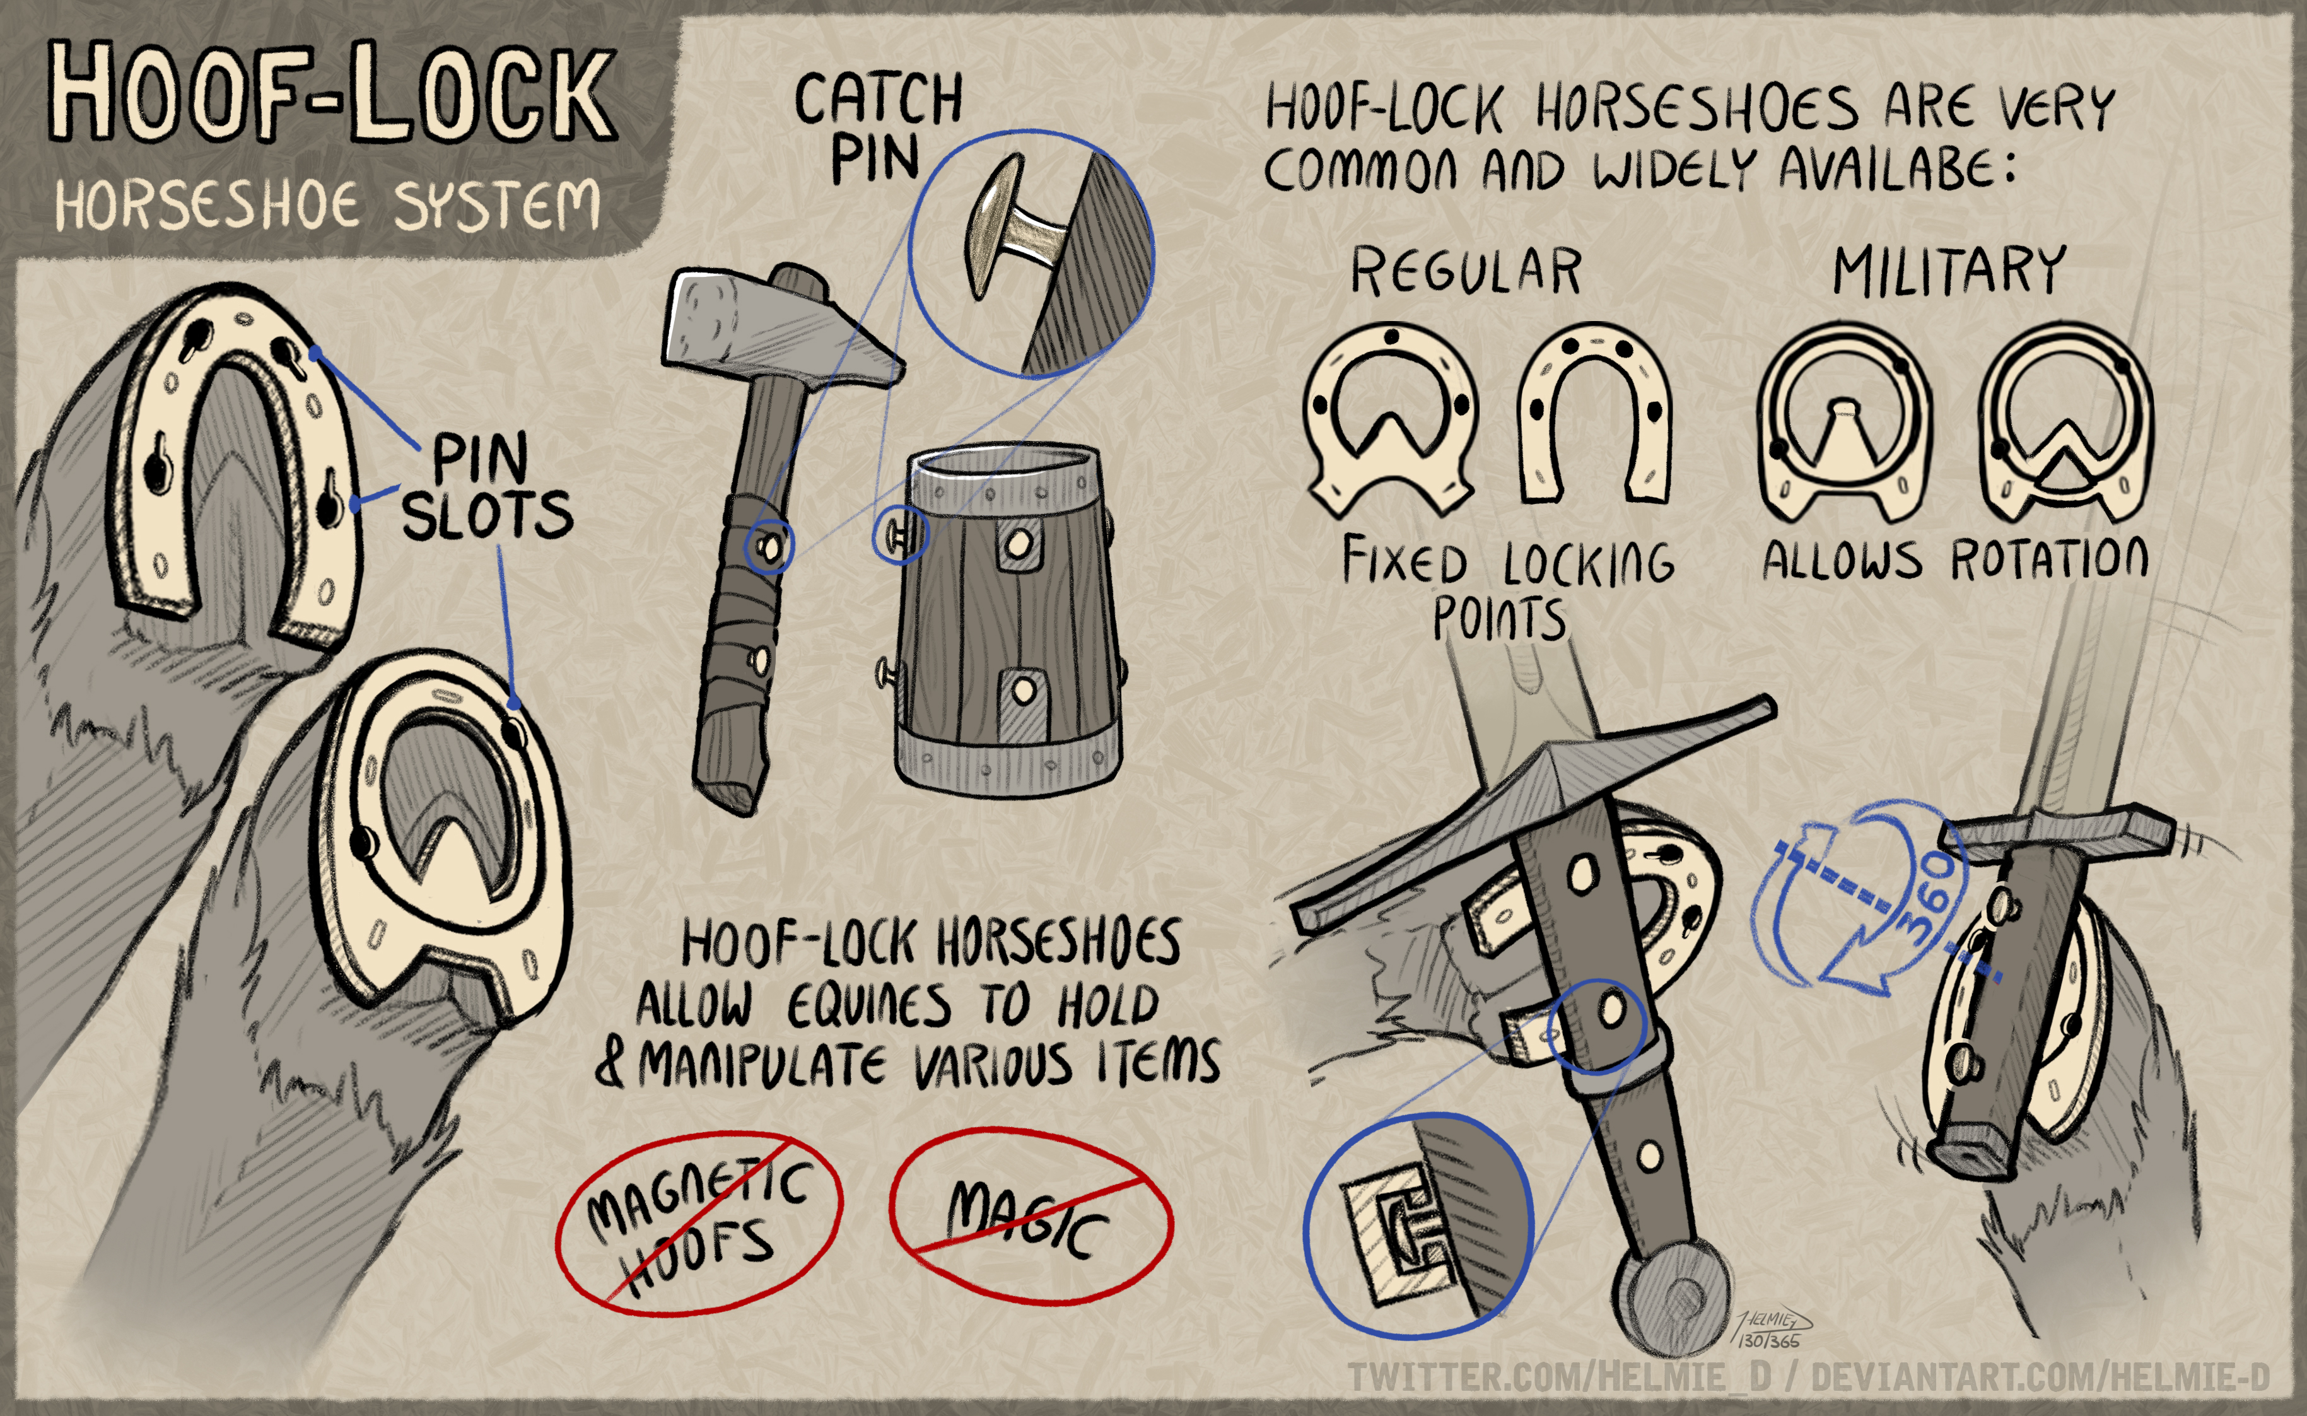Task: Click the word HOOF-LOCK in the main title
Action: click(332, 92)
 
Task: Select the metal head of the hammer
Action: click(782, 328)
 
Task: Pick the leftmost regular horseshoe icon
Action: click(1391, 421)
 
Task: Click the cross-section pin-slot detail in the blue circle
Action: click(1418, 1227)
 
